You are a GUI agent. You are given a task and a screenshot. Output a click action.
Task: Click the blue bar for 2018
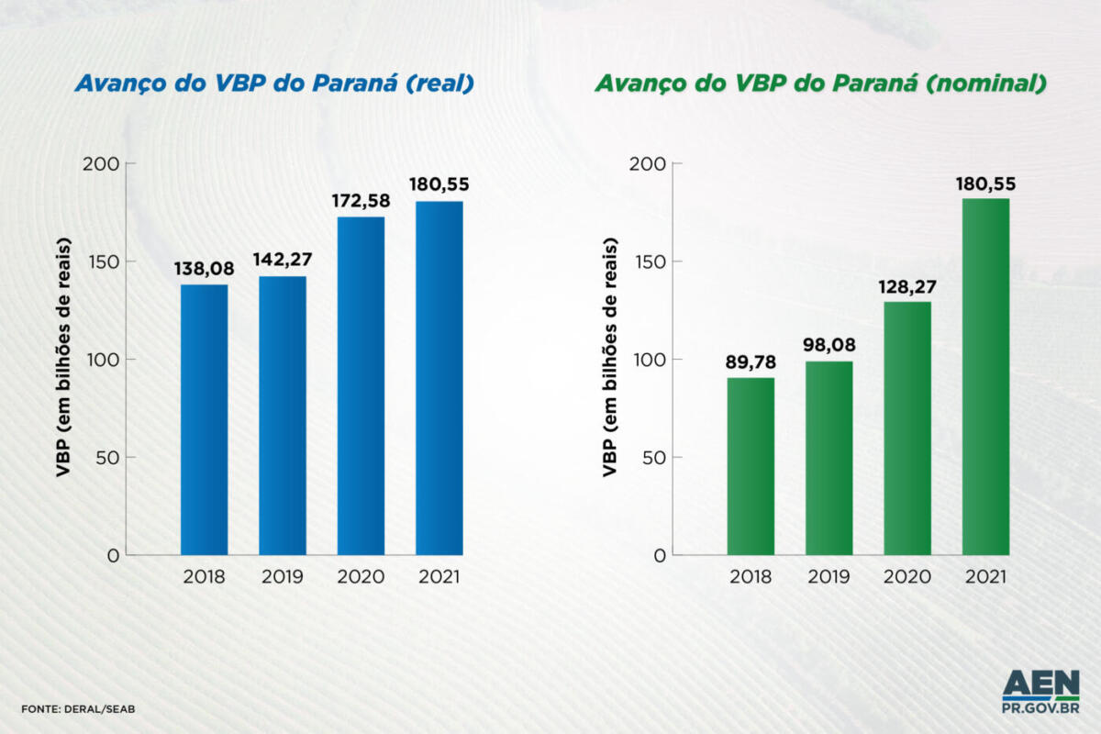point(204,419)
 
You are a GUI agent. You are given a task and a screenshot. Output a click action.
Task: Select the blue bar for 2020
point(361,385)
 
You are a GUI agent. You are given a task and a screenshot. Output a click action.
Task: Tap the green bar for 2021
point(985,376)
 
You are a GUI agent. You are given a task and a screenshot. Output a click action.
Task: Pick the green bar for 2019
point(829,458)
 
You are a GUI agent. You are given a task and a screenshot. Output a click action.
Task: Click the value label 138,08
point(204,270)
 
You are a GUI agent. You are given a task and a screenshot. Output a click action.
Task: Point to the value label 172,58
point(361,202)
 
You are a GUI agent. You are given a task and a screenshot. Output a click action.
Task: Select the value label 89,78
point(751,363)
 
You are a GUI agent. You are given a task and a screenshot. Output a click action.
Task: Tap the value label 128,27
point(907,287)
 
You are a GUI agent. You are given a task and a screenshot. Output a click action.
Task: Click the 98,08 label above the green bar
point(829,347)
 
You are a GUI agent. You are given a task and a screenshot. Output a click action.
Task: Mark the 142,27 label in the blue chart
point(283,261)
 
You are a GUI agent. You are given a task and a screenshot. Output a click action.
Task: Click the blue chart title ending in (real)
point(274,83)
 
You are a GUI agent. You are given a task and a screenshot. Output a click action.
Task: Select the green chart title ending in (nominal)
point(820,83)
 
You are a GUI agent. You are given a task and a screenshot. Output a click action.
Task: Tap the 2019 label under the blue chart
point(283,577)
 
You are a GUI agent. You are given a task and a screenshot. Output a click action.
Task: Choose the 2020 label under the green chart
point(907,577)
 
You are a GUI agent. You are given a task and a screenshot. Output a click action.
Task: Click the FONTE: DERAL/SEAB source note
point(79,709)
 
